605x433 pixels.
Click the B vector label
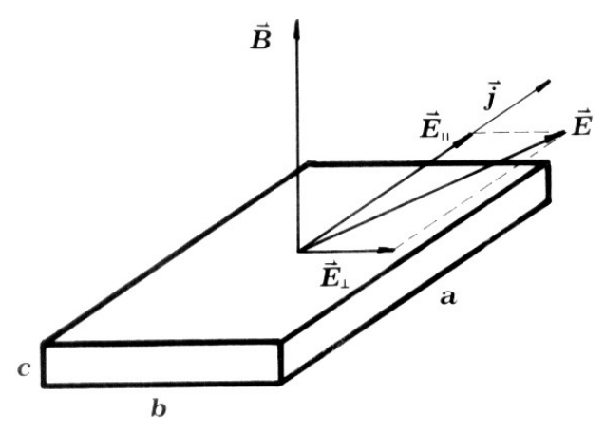[x=261, y=37]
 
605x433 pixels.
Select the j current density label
[x=491, y=96]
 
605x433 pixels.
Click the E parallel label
[x=435, y=125]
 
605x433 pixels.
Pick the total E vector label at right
[x=581, y=122]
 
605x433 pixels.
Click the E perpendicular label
[x=334, y=274]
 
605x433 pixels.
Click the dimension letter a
[x=448, y=298]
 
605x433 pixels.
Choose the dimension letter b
[x=159, y=408]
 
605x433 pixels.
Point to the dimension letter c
[x=24, y=369]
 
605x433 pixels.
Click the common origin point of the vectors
[x=298, y=251]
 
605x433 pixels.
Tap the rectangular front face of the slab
[x=162, y=363]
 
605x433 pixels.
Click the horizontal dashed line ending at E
[x=513, y=133]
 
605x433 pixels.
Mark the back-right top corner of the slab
[x=547, y=163]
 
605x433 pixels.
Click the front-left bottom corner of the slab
[x=44, y=385]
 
